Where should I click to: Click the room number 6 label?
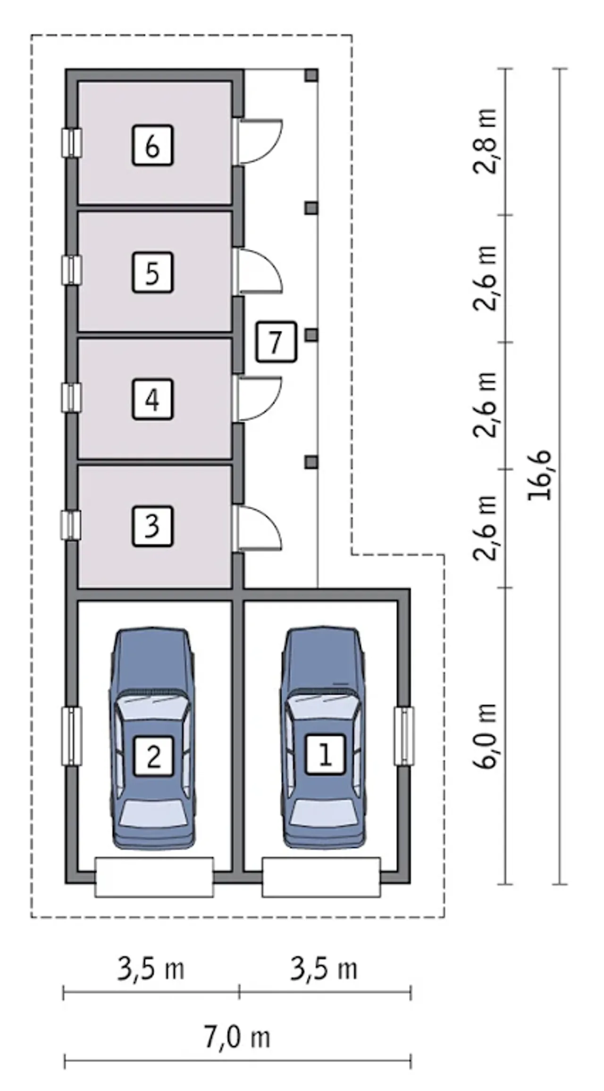click(152, 145)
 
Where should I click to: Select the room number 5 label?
click(152, 273)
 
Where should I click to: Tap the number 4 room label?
click(152, 400)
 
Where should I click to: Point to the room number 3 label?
click(152, 526)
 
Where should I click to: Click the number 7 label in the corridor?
click(277, 342)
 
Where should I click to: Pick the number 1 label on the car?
click(325, 754)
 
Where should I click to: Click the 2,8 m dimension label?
click(486, 142)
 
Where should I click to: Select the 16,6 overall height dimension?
click(540, 475)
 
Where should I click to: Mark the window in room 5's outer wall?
click(72, 270)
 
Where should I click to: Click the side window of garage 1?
click(404, 735)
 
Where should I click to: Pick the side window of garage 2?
click(72, 735)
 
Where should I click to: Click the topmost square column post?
click(311, 75)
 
